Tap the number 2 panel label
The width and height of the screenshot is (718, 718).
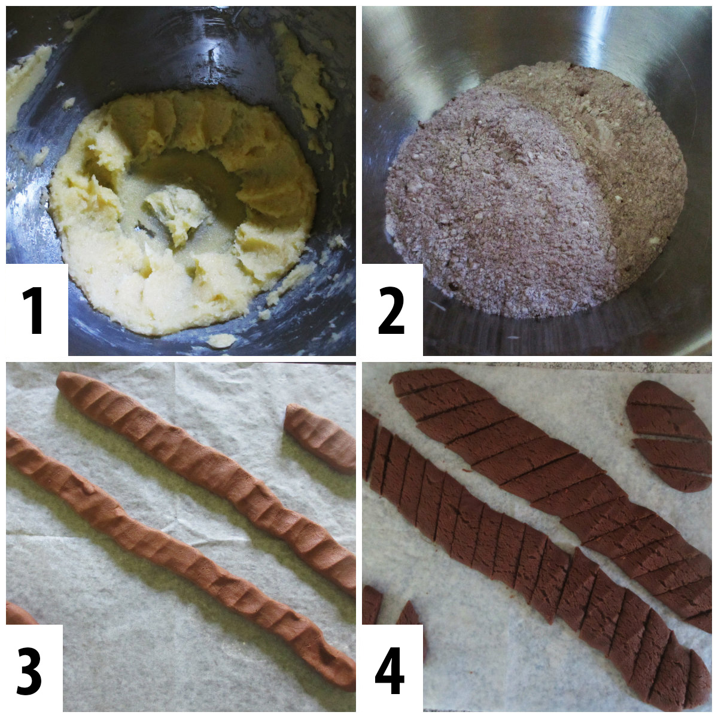(x=392, y=311)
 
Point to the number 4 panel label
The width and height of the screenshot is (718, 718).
(x=390, y=670)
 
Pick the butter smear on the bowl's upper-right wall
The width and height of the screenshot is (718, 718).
(x=305, y=78)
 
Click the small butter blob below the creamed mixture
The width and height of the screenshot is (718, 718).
(x=221, y=340)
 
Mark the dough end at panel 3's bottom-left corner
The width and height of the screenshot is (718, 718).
(x=18, y=613)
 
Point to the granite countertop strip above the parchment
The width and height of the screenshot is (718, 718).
(x=538, y=366)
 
